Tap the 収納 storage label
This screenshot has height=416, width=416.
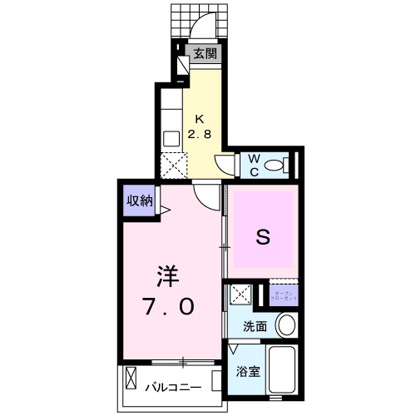pos(139,200)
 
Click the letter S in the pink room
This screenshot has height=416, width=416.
pos(262,237)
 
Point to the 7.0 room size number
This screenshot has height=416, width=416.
pos(170,307)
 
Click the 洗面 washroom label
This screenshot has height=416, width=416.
pos(255,327)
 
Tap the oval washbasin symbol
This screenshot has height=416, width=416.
pos(286,325)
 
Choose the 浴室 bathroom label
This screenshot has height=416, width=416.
pos(249,372)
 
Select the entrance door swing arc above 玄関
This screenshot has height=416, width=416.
pos(202,28)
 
